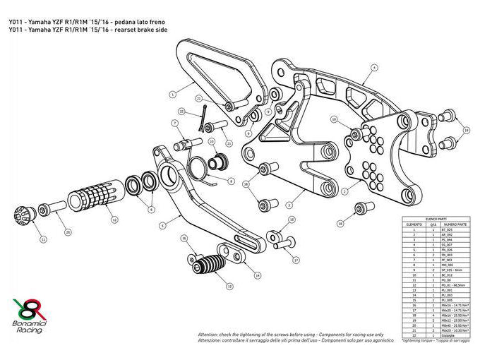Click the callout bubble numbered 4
(x=375, y=67)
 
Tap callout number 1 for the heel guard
(x=172, y=92)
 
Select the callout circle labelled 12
(x=114, y=220)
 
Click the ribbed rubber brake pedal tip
(x=206, y=268)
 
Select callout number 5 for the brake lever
(x=162, y=227)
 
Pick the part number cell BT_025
(x=445, y=230)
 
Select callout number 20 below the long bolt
(x=67, y=231)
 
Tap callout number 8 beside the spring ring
(x=230, y=180)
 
